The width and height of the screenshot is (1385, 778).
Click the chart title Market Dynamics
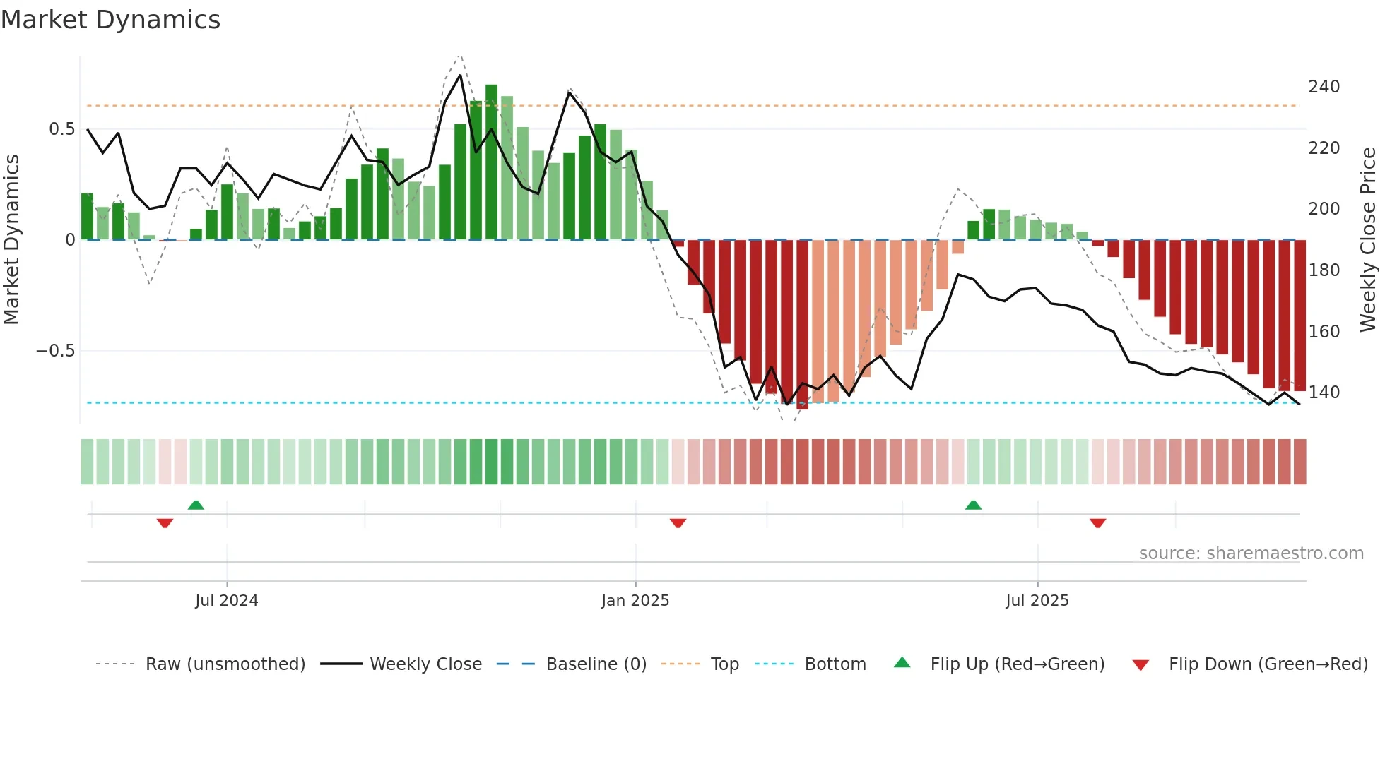(110, 20)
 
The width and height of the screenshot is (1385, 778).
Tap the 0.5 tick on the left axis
(61, 129)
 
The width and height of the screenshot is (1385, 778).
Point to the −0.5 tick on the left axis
(56, 351)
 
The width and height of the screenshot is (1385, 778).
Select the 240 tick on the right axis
(1324, 87)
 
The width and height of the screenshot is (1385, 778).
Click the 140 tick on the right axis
(1324, 393)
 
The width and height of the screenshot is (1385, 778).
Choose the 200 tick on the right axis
(1324, 209)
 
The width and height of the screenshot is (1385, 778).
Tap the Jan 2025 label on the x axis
(635, 601)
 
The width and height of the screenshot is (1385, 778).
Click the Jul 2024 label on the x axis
(226, 601)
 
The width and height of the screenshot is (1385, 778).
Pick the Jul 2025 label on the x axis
(1037, 601)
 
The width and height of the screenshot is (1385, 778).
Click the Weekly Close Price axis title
(1368, 240)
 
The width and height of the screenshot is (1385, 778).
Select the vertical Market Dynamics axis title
(11, 240)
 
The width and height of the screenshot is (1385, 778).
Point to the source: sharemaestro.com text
(1251, 553)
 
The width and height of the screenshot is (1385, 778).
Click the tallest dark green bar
(491, 162)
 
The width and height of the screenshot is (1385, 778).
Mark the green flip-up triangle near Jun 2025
(973, 505)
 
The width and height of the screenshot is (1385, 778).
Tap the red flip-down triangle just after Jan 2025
(678, 523)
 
